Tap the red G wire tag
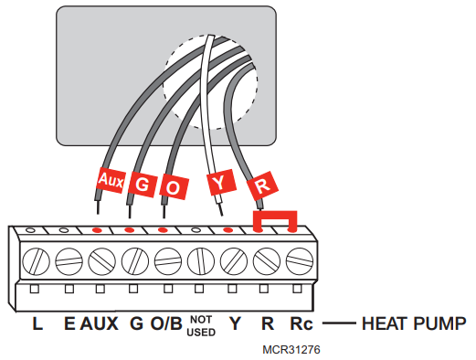tap(142, 183)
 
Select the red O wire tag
tap(175, 185)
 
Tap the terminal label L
tap(37, 323)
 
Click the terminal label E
tap(69, 323)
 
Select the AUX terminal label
tap(100, 323)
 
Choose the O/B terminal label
tap(166, 323)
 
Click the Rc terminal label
tap(301, 323)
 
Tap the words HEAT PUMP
tap(415, 323)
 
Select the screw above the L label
tap(37, 260)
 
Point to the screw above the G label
tap(134, 260)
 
